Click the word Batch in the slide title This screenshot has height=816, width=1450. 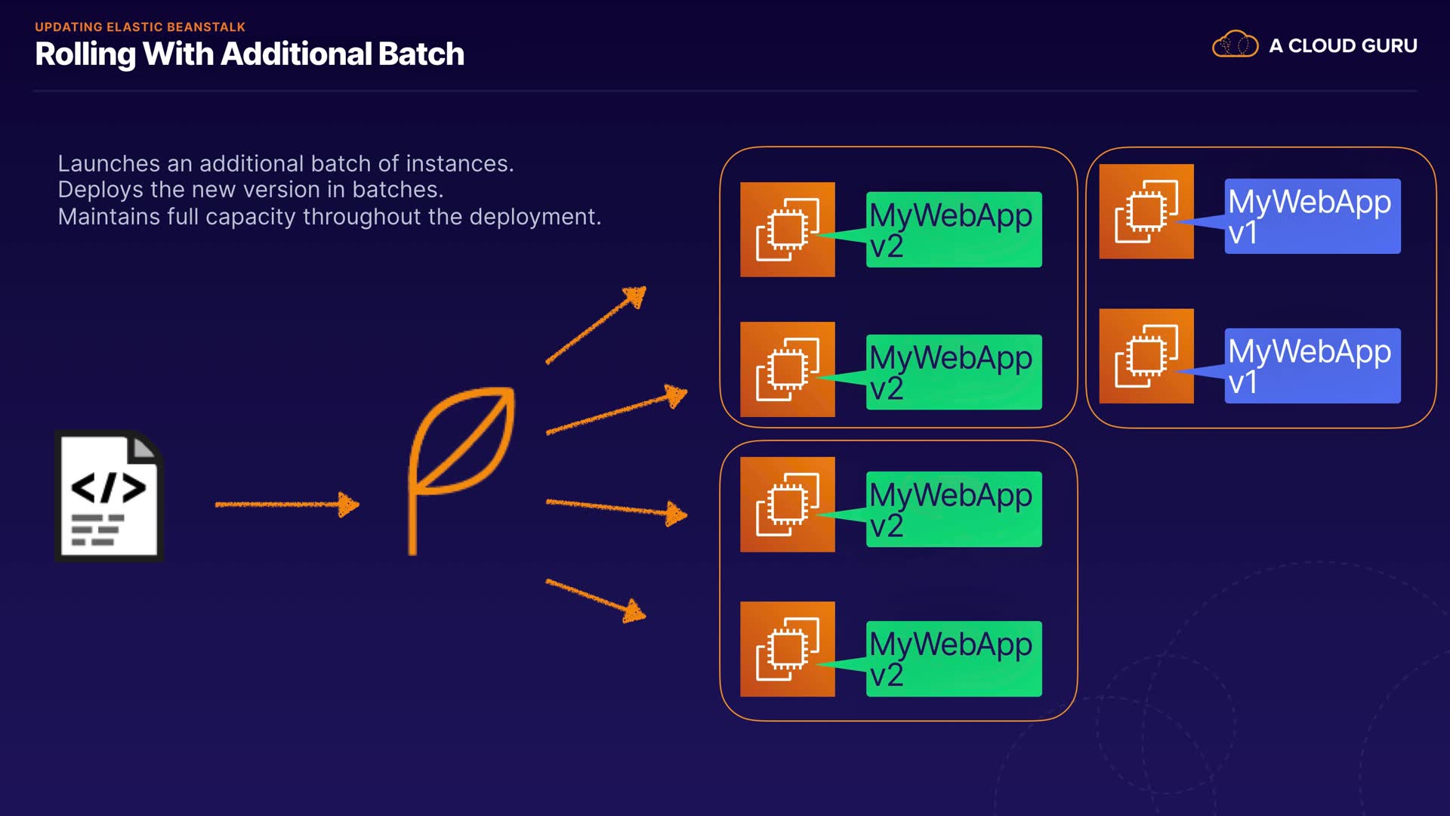pos(421,54)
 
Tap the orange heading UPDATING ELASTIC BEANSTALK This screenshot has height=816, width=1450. pos(140,27)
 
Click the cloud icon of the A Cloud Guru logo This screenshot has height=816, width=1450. pos(1235,45)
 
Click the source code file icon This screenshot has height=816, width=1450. pos(109,496)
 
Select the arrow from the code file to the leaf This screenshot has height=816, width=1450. pos(287,504)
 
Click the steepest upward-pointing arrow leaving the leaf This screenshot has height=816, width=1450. pos(596,325)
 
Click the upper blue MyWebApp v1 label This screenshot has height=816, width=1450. pos(1312,216)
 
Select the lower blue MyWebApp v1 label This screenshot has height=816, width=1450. pos(1312,366)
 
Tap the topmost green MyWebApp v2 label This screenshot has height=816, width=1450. pos(953,230)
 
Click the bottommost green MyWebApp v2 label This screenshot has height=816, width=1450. pos(953,659)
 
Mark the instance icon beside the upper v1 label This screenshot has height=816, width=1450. pos(1146,212)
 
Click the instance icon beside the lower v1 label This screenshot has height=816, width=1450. pos(1146,356)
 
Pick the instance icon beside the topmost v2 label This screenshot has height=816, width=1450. pos(788,230)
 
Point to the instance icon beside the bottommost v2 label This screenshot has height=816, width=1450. pos(788,649)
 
